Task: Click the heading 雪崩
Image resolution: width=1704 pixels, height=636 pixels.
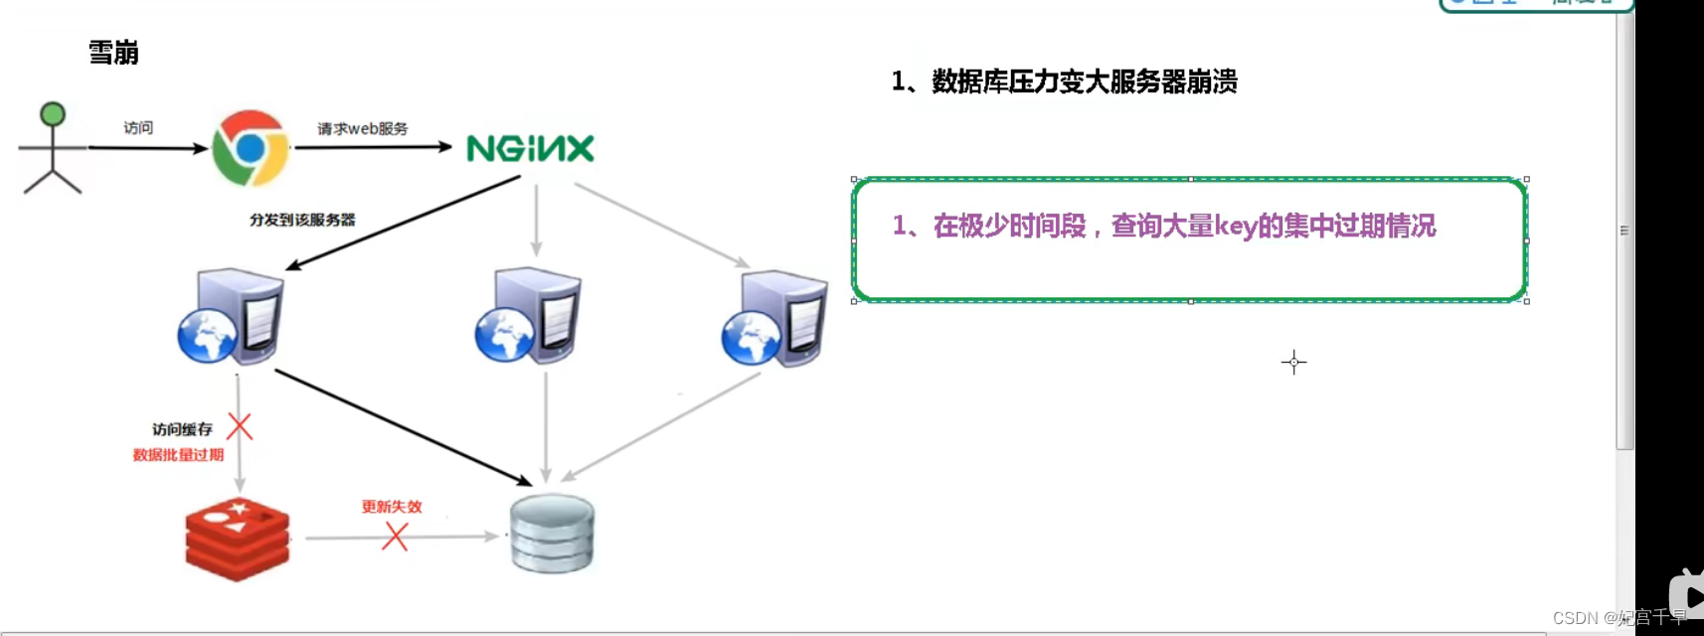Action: click(113, 53)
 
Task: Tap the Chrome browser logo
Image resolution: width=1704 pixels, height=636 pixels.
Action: click(251, 148)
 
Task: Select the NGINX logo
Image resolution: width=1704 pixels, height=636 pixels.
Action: click(530, 149)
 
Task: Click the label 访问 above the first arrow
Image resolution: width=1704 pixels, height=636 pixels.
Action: click(138, 128)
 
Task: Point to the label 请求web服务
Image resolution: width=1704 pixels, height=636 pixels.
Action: click(362, 129)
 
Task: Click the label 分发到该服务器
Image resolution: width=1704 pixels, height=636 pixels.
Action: click(302, 220)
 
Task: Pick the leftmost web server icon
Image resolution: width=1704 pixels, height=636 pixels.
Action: click(232, 316)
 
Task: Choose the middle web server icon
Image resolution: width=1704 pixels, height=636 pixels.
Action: click(529, 316)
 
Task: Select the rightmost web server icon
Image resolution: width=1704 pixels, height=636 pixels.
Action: click(775, 318)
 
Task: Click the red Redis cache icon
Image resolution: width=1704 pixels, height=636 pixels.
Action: click(238, 539)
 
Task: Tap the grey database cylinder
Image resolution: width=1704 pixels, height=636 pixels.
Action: click(552, 534)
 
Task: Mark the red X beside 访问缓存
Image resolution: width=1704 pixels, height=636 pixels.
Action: click(240, 427)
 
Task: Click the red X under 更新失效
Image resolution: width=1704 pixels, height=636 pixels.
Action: click(396, 537)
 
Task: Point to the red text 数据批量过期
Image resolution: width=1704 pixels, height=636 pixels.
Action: click(179, 455)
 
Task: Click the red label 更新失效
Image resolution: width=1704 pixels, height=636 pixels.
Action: click(392, 507)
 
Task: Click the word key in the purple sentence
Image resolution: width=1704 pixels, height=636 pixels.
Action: click(1236, 227)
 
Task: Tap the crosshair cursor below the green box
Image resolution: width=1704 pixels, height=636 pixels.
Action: click(1293, 362)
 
